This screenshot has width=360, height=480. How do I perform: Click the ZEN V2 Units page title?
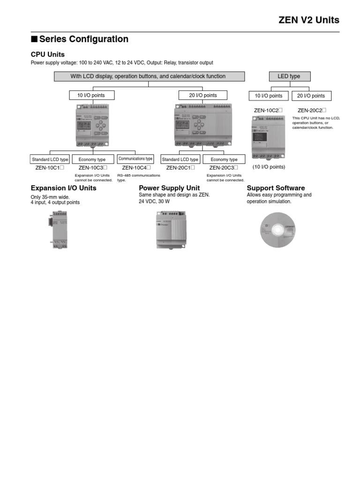[x=308, y=20]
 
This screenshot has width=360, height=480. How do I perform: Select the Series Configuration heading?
[x=80, y=39]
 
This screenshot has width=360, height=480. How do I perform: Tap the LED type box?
[x=289, y=76]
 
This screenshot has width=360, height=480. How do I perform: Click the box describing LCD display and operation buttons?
[x=148, y=76]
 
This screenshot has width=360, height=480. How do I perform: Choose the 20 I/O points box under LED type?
[x=311, y=96]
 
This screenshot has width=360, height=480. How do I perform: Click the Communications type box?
[x=135, y=159]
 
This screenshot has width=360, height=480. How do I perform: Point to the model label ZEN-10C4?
[x=136, y=167]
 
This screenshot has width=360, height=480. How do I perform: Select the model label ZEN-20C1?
[x=180, y=167]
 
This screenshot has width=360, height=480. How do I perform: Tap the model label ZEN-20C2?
[x=311, y=110]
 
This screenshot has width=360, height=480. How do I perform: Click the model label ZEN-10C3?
[x=93, y=167]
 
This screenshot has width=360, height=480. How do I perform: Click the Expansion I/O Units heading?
[x=63, y=188]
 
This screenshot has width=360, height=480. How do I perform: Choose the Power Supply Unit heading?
[x=169, y=188]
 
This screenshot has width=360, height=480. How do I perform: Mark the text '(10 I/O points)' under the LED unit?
[x=269, y=166]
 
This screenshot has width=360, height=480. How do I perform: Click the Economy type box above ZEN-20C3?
[x=224, y=159]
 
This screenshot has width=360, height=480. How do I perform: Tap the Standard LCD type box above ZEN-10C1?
[x=50, y=159]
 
